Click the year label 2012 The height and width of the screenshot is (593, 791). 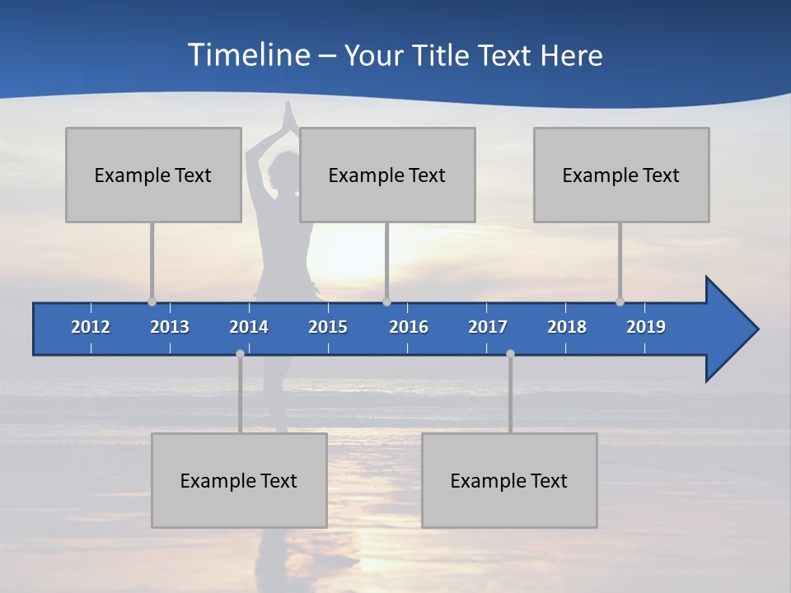[x=91, y=327]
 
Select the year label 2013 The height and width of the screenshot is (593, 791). [x=170, y=327]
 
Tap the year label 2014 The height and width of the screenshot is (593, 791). [x=249, y=327]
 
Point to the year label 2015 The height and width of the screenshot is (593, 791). [x=328, y=327]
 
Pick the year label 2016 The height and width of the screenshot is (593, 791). [x=409, y=327]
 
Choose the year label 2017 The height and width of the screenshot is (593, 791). [x=488, y=327]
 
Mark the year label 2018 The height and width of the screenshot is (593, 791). [x=567, y=327]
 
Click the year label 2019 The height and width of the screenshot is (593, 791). [x=646, y=327]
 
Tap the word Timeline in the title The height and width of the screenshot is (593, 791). [x=247, y=55]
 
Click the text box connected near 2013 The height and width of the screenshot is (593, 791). [x=153, y=175]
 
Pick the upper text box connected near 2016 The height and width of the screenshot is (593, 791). [x=387, y=175]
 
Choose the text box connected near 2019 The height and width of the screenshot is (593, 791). [x=621, y=175]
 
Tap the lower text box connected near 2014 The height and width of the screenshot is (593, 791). [x=239, y=480]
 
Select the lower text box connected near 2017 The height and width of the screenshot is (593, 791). [x=509, y=480]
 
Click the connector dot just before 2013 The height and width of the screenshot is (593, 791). [x=152, y=301]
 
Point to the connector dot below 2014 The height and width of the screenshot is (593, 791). [x=240, y=353]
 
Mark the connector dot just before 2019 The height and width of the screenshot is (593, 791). [x=620, y=301]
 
